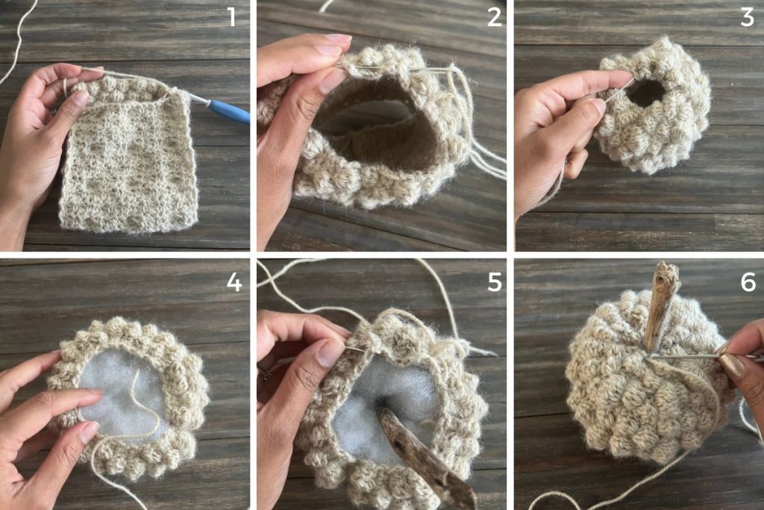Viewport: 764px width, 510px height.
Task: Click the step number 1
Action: pos(232,17)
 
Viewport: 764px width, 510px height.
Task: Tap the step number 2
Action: pos(494,17)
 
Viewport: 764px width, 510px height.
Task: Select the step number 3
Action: pos(747,17)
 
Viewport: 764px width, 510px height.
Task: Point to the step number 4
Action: pos(234,282)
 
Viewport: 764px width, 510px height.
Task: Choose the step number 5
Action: pos(495,282)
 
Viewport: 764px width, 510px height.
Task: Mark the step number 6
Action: pos(748,282)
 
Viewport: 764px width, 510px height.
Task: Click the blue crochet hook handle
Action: pos(229,111)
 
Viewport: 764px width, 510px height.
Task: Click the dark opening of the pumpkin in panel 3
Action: pos(646,93)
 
